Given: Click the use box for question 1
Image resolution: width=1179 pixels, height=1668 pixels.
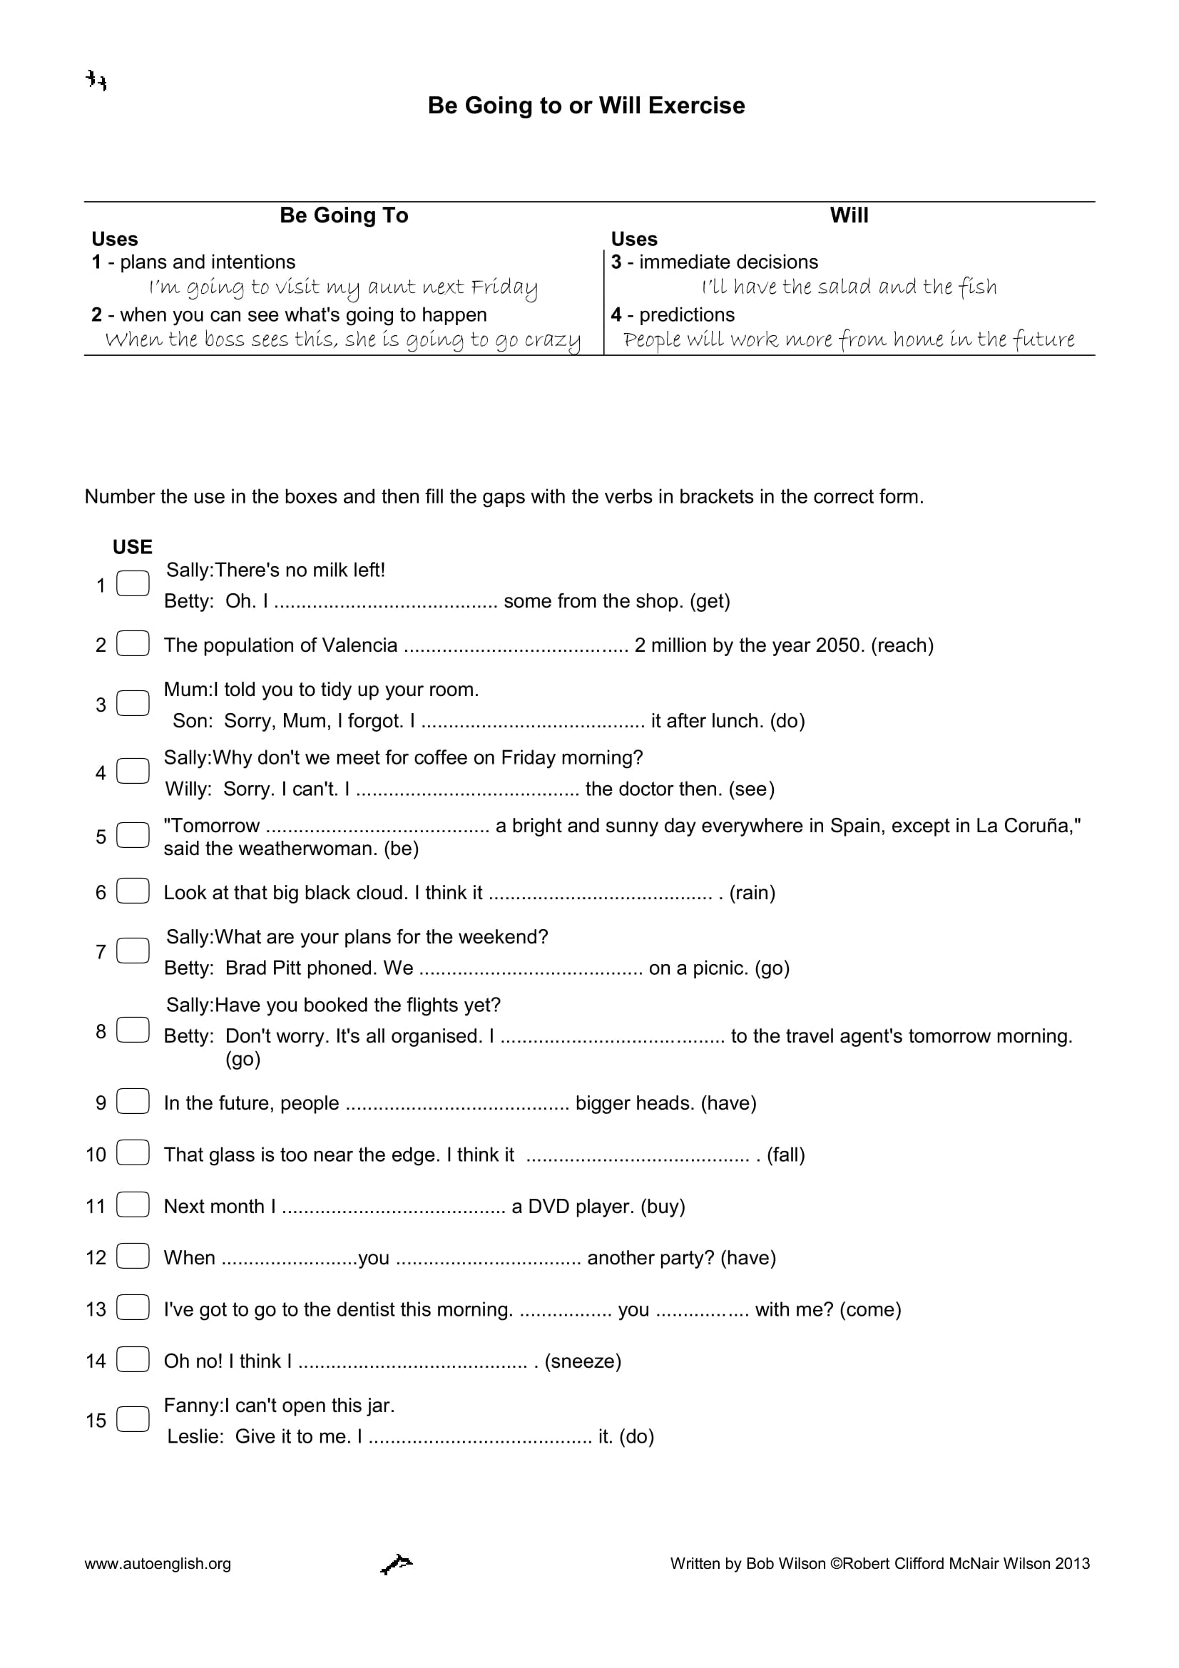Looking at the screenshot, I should pyautogui.click(x=133, y=584).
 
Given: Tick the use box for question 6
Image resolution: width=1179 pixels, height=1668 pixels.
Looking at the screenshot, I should pyautogui.click(x=133, y=891).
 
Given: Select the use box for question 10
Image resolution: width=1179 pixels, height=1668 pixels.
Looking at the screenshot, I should pyautogui.click(x=133, y=1154).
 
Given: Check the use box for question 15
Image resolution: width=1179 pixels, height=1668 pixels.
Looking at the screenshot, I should pyautogui.click(x=133, y=1420).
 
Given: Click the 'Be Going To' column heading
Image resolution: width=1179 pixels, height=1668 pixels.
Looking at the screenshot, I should pyautogui.click(x=344, y=215).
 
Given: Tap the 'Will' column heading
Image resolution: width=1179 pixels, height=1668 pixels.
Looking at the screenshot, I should pyautogui.click(x=849, y=215).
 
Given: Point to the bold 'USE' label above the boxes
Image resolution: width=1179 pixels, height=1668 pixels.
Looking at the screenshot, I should pyautogui.click(x=132, y=547).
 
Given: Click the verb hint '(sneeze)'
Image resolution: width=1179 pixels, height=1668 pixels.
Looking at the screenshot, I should pyautogui.click(x=583, y=1361).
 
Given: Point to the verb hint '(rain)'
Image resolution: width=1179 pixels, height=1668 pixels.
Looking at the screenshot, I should pyautogui.click(x=752, y=893).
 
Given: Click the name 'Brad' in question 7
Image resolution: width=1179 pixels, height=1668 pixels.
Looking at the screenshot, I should pyautogui.click(x=245, y=968).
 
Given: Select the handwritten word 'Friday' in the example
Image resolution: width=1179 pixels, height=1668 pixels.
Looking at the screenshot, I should pyautogui.click(x=504, y=288).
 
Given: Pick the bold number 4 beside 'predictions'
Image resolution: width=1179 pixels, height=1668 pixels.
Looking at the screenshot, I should pyautogui.click(x=616, y=314).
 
